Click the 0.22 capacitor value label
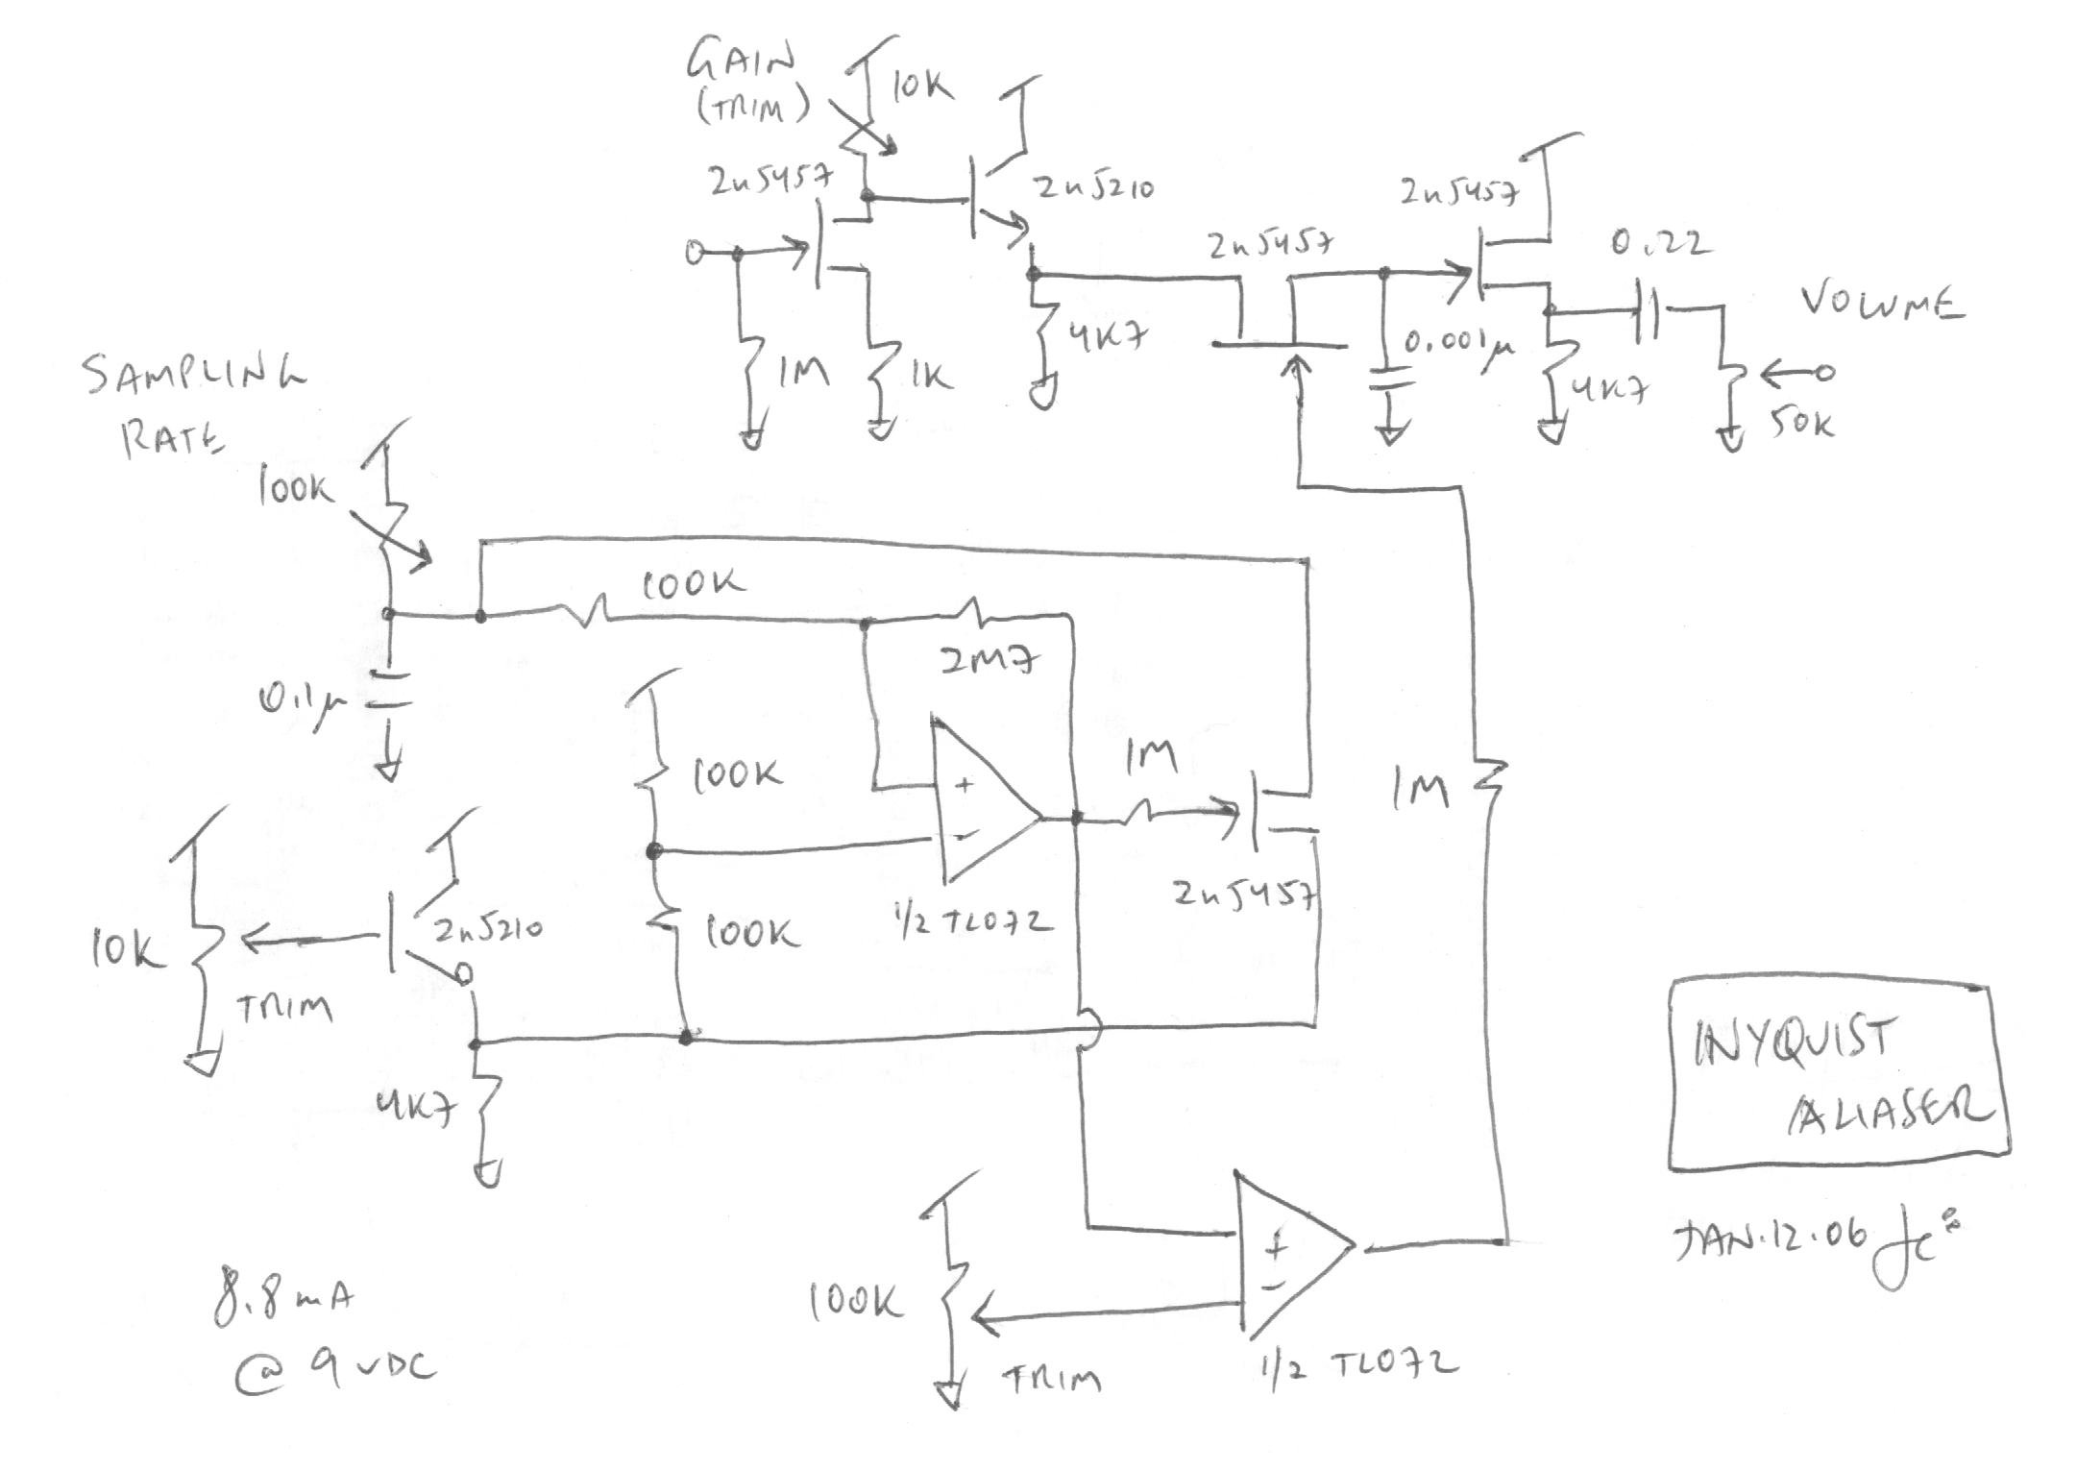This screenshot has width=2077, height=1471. point(1660,243)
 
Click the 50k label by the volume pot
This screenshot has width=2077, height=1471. point(1801,423)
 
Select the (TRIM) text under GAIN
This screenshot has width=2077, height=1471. point(753,107)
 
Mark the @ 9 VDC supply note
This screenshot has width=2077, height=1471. point(336,1369)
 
